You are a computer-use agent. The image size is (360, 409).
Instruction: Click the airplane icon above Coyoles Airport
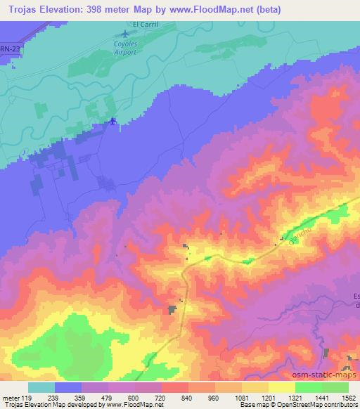click(x=126, y=34)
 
